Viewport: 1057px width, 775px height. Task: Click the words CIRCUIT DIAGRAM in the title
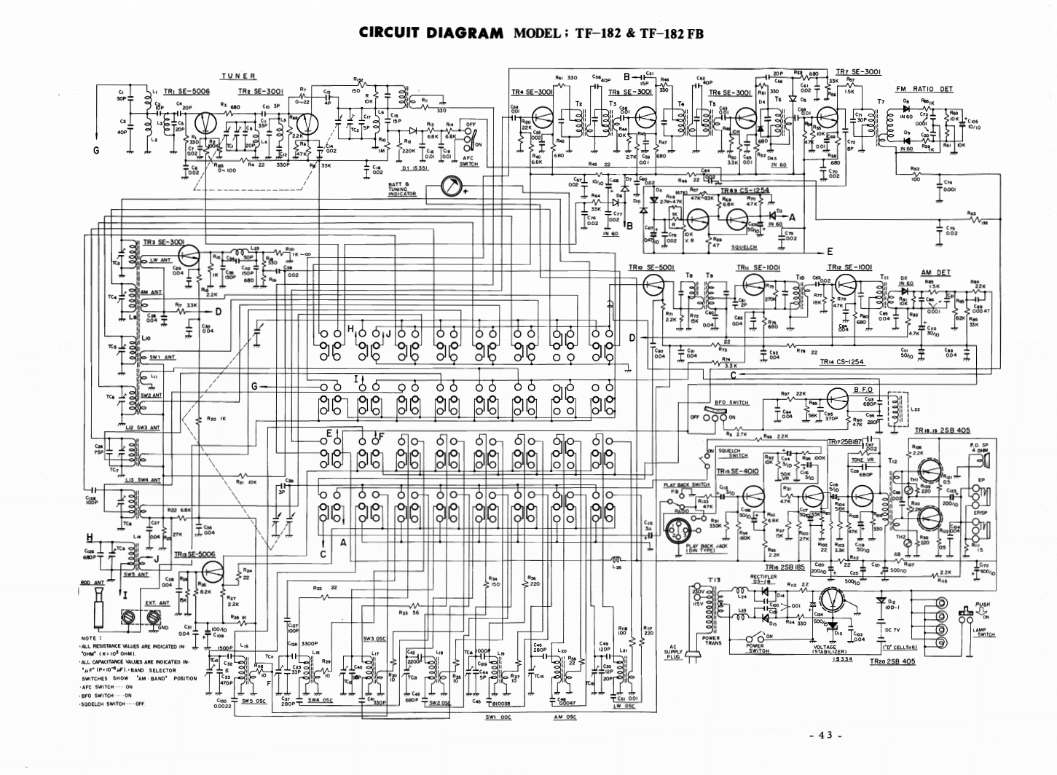[x=431, y=33]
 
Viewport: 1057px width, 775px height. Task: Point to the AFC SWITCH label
[x=469, y=165]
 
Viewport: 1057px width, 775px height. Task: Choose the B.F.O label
[x=863, y=390]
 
